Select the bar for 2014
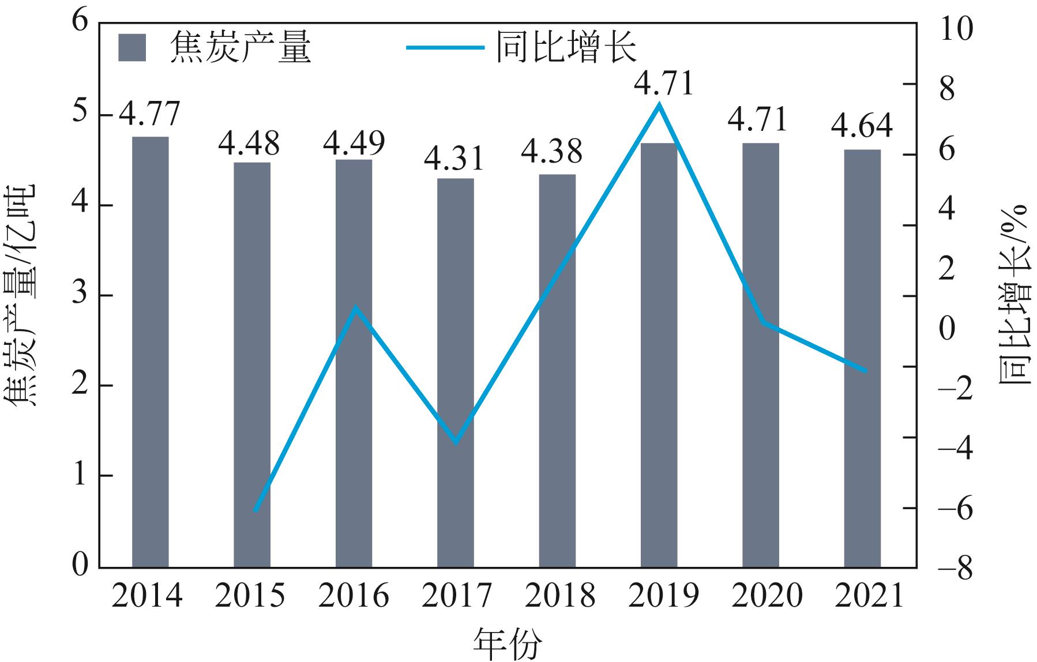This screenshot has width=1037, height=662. click(151, 352)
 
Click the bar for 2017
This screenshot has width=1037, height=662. click(456, 373)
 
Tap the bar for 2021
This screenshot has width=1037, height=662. click(862, 358)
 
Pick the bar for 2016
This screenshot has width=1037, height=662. click(354, 363)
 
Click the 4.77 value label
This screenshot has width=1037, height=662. click(150, 114)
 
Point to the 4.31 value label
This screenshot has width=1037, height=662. click(454, 158)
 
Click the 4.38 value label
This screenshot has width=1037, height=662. click(552, 152)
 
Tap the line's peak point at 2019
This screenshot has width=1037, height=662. click(659, 105)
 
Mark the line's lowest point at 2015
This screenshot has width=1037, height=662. click(256, 510)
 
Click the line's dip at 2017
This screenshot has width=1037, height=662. click(456, 442)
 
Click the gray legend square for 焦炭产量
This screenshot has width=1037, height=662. click(132, 47)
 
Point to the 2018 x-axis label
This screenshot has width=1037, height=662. click(559, 596)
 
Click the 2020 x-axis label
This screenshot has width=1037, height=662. click(767, 596)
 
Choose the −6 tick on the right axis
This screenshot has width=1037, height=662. click(955, 509)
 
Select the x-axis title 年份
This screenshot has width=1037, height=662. click(508, 644)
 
